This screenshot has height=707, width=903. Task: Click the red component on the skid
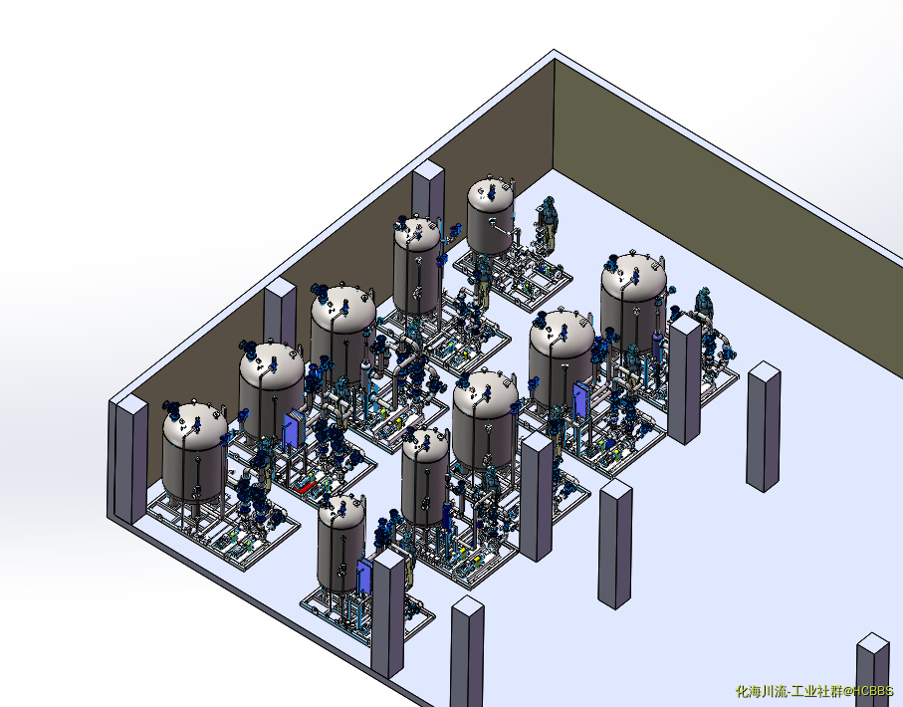click(304, 488)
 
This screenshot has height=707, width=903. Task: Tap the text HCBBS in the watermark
click(873, 691)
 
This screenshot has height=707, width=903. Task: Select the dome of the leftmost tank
click(195, 422)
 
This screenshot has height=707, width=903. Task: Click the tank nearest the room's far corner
click(490, 218)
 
